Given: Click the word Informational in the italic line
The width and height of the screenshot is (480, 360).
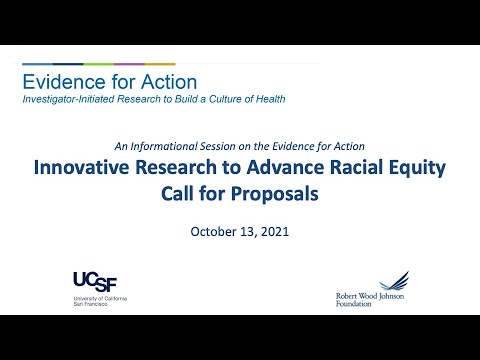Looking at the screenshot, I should tap(177, 144).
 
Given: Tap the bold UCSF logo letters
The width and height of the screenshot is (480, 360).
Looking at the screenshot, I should tap(97, 280).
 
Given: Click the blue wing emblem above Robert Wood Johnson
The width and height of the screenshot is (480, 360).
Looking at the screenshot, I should tap(393, 281).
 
